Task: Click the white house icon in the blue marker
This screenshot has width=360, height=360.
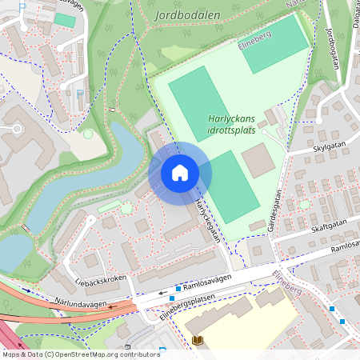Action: pyautogui.click(x=180, y=172)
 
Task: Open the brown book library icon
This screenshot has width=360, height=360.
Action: pyautogui.click(x=198, y=341)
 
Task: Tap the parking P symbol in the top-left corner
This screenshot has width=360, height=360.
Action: pyautogui.click(x=22, y=7)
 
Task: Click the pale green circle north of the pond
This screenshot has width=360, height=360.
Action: pyautogui.click(x=88, y=134)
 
